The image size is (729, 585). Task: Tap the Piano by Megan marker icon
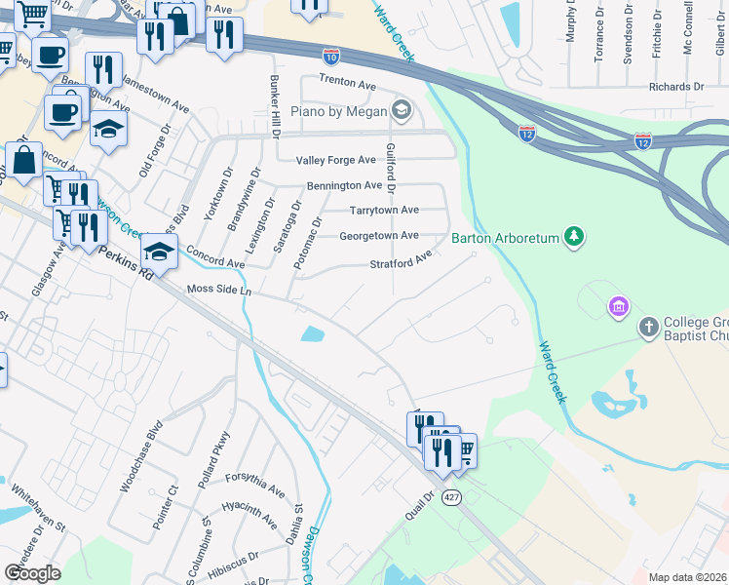(x=400, y=107)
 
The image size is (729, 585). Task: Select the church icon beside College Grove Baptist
(x=649, y=327)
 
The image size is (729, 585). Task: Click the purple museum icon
(x=617, y=308)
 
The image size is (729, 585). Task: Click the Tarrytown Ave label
(x=384, y=211)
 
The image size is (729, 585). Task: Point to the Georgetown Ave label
(x=379, y=236)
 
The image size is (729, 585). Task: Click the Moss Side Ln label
(x=219, y=291)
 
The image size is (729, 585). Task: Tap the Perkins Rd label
(x=128, y=263)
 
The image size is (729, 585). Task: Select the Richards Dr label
(x=676, y=87)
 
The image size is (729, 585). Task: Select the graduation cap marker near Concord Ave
(x=159, y=253)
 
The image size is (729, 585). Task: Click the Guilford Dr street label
(x=392, y=166)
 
